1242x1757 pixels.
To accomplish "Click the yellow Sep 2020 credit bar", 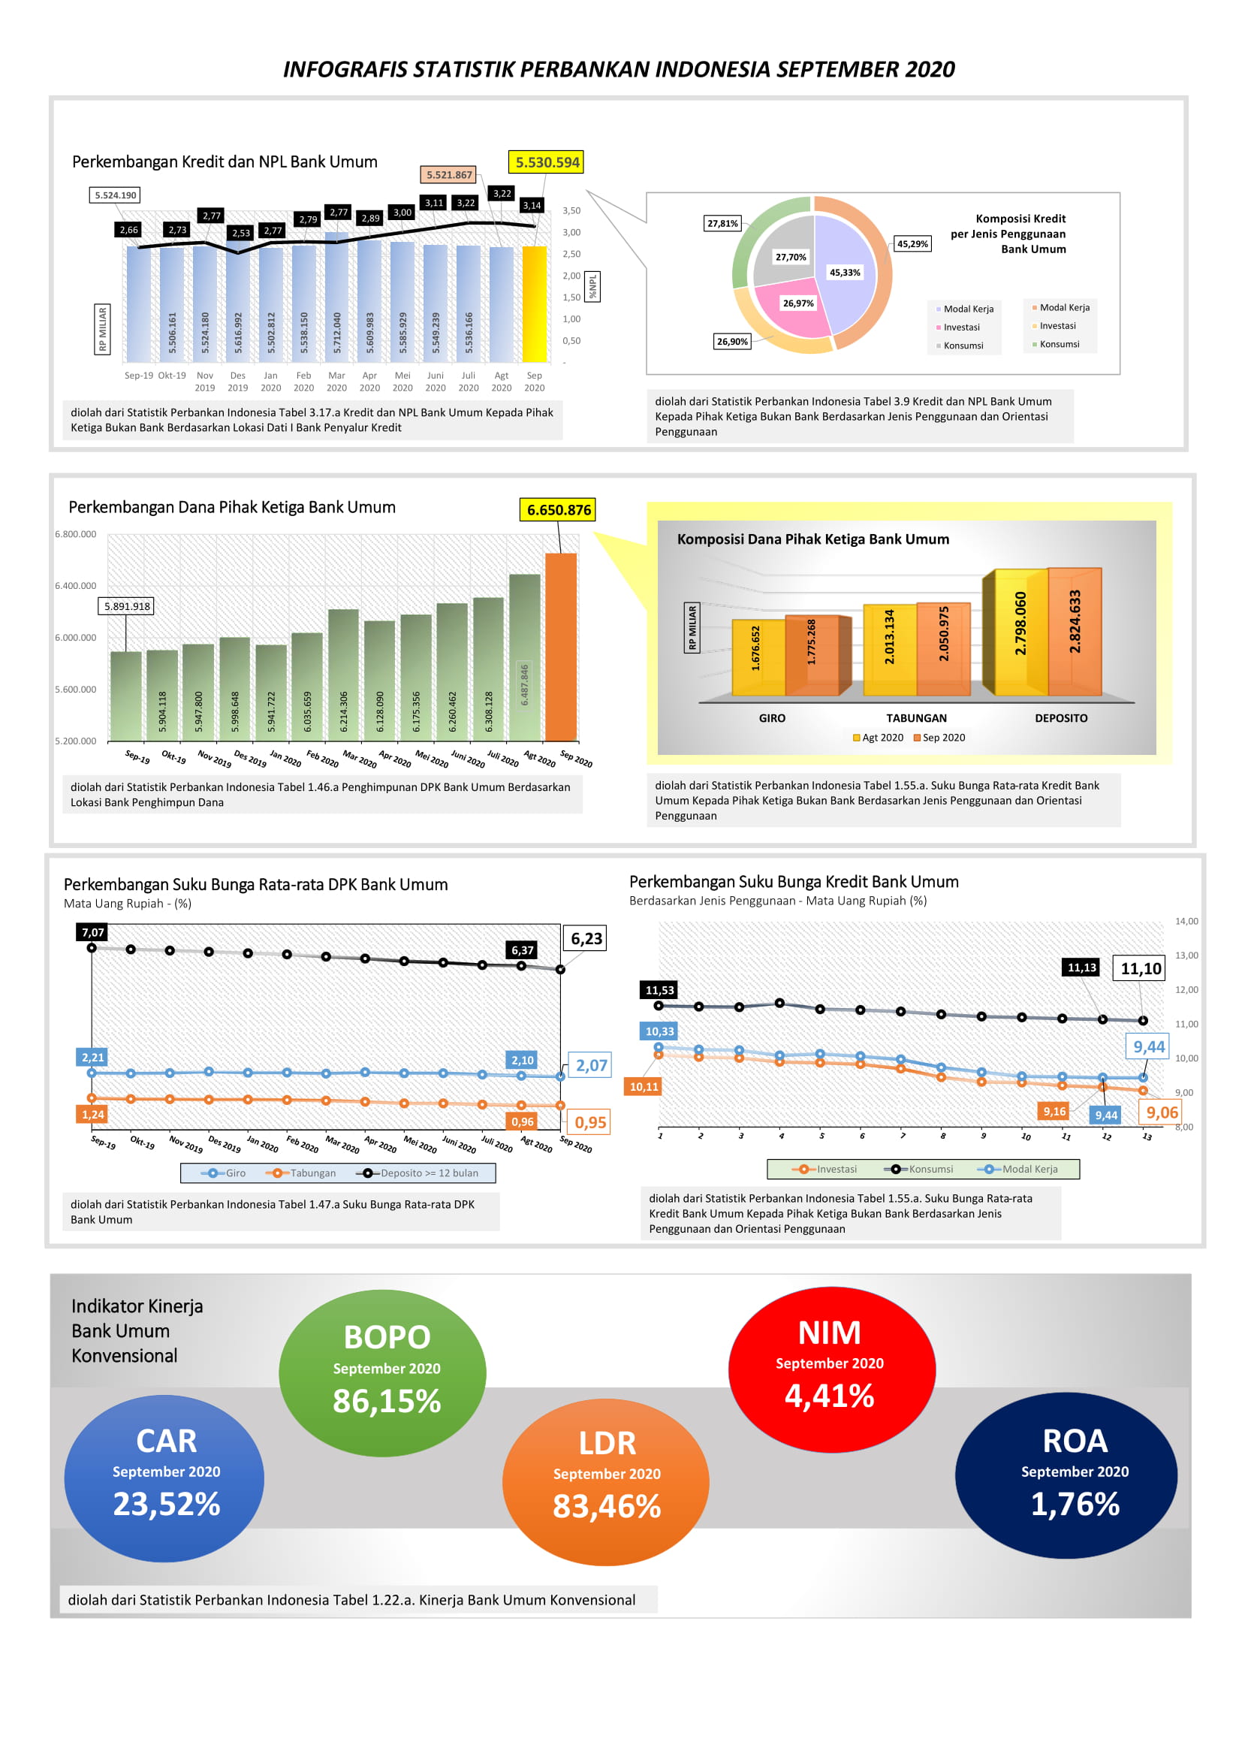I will click(534, 304).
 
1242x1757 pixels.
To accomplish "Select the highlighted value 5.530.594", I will click(547, 162).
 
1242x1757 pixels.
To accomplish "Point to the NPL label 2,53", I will click(241, 233).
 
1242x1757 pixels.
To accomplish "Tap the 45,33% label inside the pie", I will click(844, 273).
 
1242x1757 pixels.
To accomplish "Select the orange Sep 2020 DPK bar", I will click(561, 647).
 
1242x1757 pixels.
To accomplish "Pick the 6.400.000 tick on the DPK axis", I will click(76, 586).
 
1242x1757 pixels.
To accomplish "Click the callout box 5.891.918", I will click(127, 606).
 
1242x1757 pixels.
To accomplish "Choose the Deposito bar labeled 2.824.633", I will click(1075, 631).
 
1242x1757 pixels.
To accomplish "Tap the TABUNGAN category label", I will click(915, 718).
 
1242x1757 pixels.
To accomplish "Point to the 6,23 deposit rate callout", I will click(586, 939).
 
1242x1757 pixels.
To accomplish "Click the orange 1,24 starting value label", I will click(92, 1114).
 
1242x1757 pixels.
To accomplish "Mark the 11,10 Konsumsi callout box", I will click(1140, 969).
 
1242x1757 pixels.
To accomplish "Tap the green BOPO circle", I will click(382, 1373).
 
